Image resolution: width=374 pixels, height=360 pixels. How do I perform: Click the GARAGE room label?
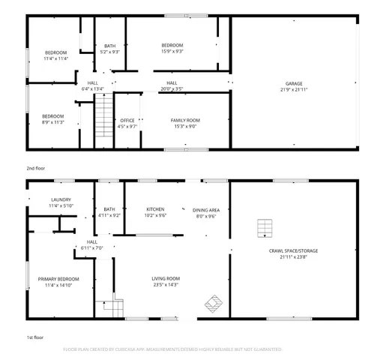tap(293, 83)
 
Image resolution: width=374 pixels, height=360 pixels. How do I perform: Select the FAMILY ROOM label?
tap(183, 120)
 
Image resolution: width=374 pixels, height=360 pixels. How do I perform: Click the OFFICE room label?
tap(127, 120)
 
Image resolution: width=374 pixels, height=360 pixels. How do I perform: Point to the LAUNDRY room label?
tap(60, 199)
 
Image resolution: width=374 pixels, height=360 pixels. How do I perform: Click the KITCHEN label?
tap(155, 209)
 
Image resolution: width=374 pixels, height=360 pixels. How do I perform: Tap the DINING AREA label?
tap(205, 209)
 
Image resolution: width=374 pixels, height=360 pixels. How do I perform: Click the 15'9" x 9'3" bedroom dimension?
tap(172, 51)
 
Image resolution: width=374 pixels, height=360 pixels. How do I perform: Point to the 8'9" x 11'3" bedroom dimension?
tap(52, 122)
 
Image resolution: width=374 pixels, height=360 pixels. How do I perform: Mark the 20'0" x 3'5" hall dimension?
tap(172, 88)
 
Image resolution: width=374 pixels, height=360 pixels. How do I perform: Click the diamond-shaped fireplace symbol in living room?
tap(214, 304)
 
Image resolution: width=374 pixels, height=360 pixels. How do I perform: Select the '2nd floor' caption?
tap(35, 169)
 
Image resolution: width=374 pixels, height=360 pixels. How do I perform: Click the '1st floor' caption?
tap(34, 338)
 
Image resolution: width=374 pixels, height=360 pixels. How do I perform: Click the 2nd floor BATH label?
tap(110, 46)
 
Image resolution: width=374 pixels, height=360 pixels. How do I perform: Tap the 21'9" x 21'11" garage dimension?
tap(293, 89)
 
